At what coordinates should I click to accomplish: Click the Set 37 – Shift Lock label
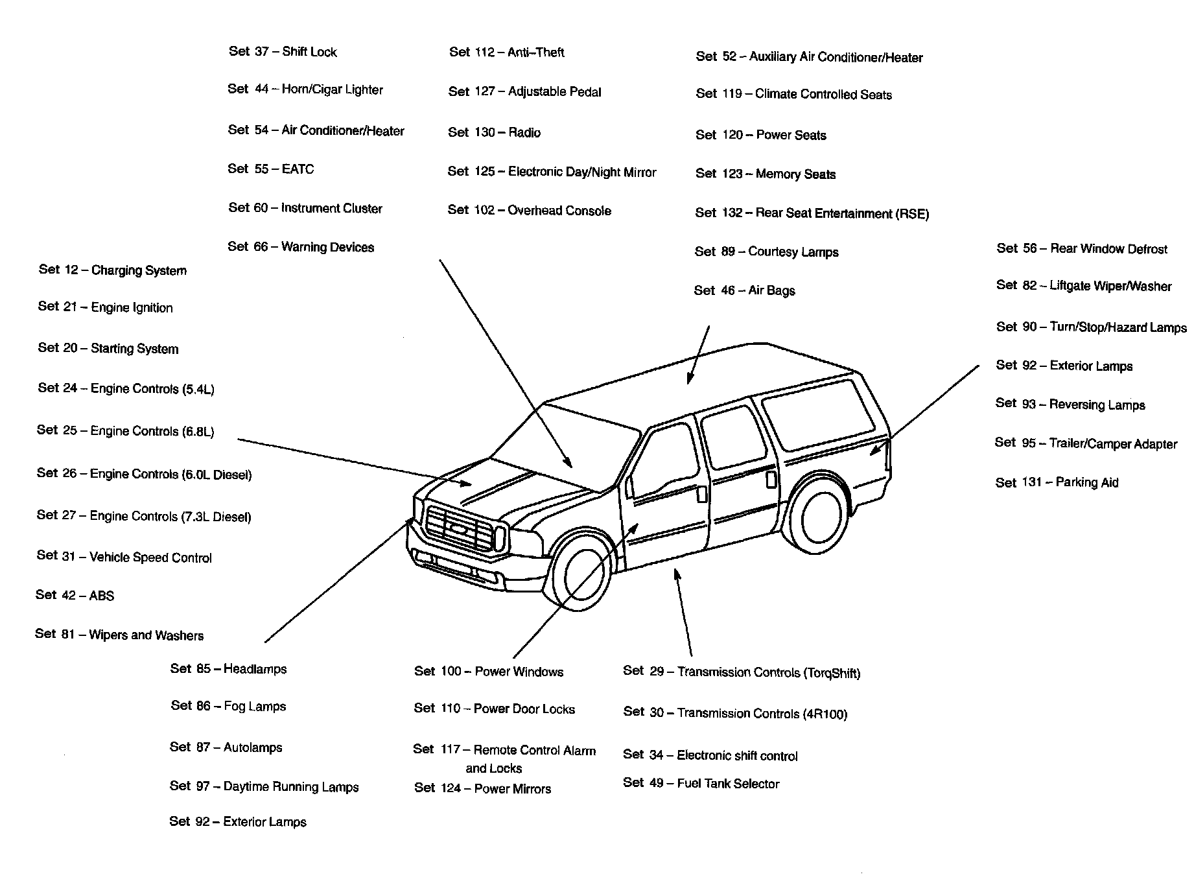[283, 52]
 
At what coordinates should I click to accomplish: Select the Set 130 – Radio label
[494, 133]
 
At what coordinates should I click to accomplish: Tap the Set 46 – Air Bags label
[744, 290]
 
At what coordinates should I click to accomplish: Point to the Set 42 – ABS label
[75, 595]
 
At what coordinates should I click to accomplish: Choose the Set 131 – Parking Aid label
[1057, 482]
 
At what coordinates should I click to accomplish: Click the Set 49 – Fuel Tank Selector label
[701, 783]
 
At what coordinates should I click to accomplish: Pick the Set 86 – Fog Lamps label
[228, 706]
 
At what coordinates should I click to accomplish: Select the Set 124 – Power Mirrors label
[482, 788]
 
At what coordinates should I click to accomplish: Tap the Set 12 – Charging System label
[112, 270]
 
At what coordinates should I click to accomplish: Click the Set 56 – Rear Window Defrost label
[1082, 249]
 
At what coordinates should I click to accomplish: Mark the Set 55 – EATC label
[270, 169]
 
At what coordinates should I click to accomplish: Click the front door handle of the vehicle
[703, 493]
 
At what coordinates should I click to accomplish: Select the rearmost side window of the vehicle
[818, 415]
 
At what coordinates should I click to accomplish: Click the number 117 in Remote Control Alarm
[450, 750]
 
